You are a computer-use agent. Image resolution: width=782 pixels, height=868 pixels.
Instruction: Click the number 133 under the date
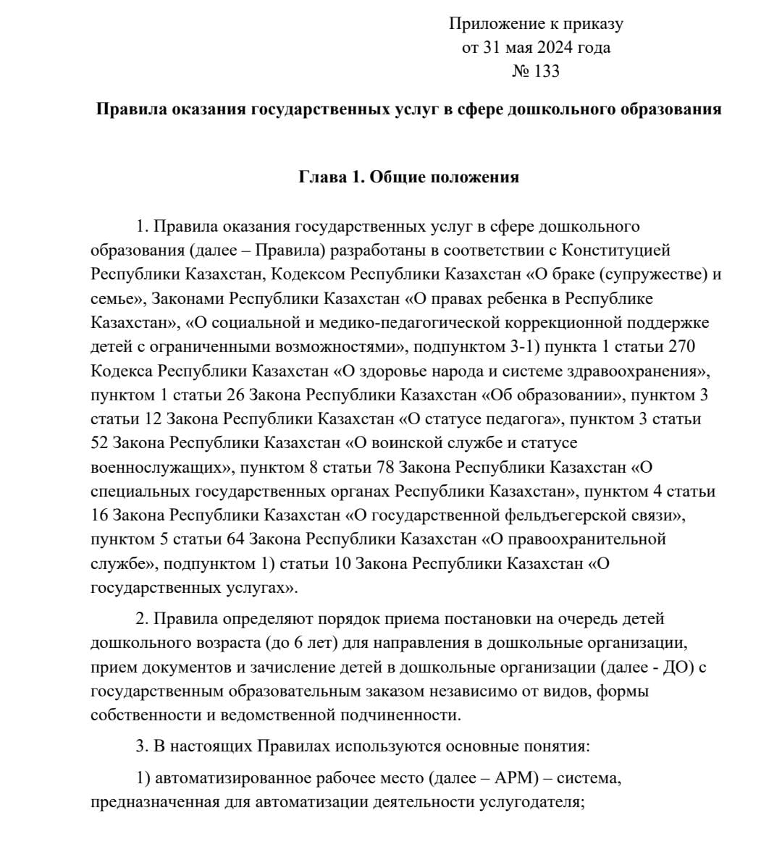(547, 72)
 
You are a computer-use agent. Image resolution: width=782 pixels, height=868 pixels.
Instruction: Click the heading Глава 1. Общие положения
(409, 177)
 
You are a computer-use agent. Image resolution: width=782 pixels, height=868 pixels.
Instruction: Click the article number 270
(681, 347)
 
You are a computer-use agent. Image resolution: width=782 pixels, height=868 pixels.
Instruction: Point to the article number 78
(385, 467)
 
